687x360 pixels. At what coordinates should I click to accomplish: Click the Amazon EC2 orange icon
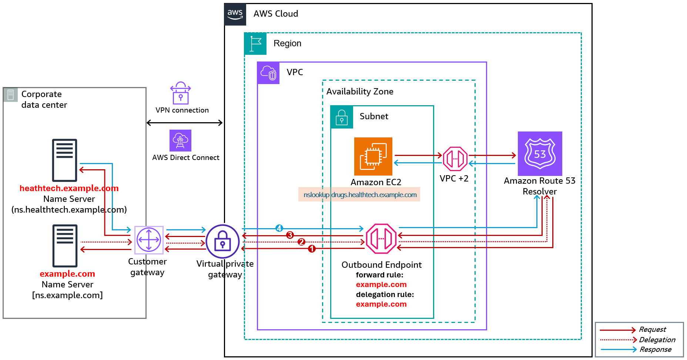[x=373, y=156]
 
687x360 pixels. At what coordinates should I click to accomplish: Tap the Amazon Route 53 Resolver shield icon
[x=540, y=153]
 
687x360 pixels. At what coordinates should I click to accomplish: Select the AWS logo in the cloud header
[x=235, y=14]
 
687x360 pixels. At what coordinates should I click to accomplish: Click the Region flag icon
[x=255, y=44]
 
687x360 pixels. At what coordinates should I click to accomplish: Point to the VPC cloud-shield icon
[x=268, y=73]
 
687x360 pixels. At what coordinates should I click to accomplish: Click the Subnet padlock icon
[x=342, y=117]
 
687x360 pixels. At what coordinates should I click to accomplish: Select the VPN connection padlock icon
[x=181, y=93]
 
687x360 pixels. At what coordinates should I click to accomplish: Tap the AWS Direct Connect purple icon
[x=180, y=140]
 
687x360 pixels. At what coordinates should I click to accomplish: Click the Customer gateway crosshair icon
[x=149, y=240]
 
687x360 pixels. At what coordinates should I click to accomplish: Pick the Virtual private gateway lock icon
[x=222, y=241]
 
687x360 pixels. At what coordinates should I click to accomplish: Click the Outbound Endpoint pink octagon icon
[x=381, y=239]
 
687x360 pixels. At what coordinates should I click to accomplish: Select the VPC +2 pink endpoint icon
[x=455, y=159]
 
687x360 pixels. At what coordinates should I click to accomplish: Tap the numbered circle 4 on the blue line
[x=279, y=228]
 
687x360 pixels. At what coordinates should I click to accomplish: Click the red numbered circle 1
[x=312, y=249]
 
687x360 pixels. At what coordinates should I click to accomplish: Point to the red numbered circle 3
[x=290, y=235]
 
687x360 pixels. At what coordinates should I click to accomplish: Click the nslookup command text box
[x=359, y=194]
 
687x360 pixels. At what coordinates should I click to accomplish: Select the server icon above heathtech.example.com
[x=65, y=160]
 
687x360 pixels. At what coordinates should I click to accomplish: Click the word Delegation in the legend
[x=657, y=340]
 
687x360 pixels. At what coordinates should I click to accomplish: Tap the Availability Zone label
[x=360, y=91]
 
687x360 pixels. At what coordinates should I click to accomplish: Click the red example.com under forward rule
[x=381, y=284]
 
